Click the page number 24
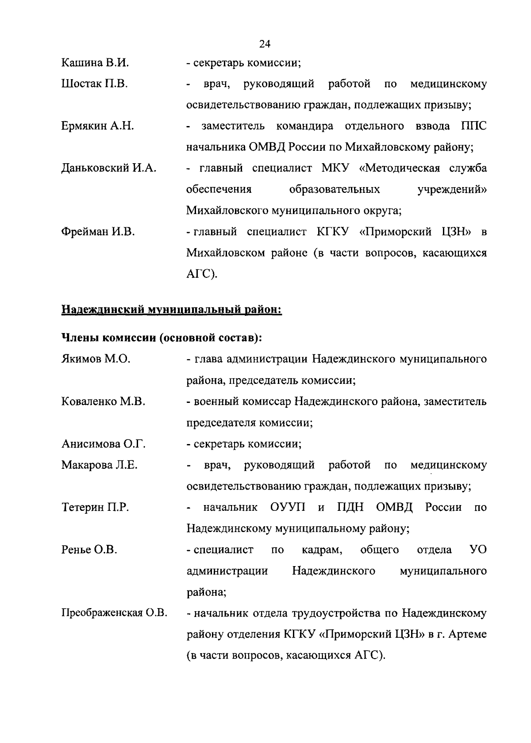click(x=265, y=44)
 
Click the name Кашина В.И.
click(x=95, y=63)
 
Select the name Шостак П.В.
click(x=94, y=84)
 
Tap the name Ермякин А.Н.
click(x=97, y=126)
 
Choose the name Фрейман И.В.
click(x=98, y=232)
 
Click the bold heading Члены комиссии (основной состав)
click(x=162, y=338)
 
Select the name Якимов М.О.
click(x=96, y=359)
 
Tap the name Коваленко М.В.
click(x=103, y=402)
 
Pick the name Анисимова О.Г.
click(x=104, y=444)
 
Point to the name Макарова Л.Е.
click(x=100, y=465)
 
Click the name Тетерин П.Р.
click(x=95, y=507)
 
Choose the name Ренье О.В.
click(x=89, y=550)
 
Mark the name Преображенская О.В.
click(x=114, y=613)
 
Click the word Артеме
click(x=468, y=635)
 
